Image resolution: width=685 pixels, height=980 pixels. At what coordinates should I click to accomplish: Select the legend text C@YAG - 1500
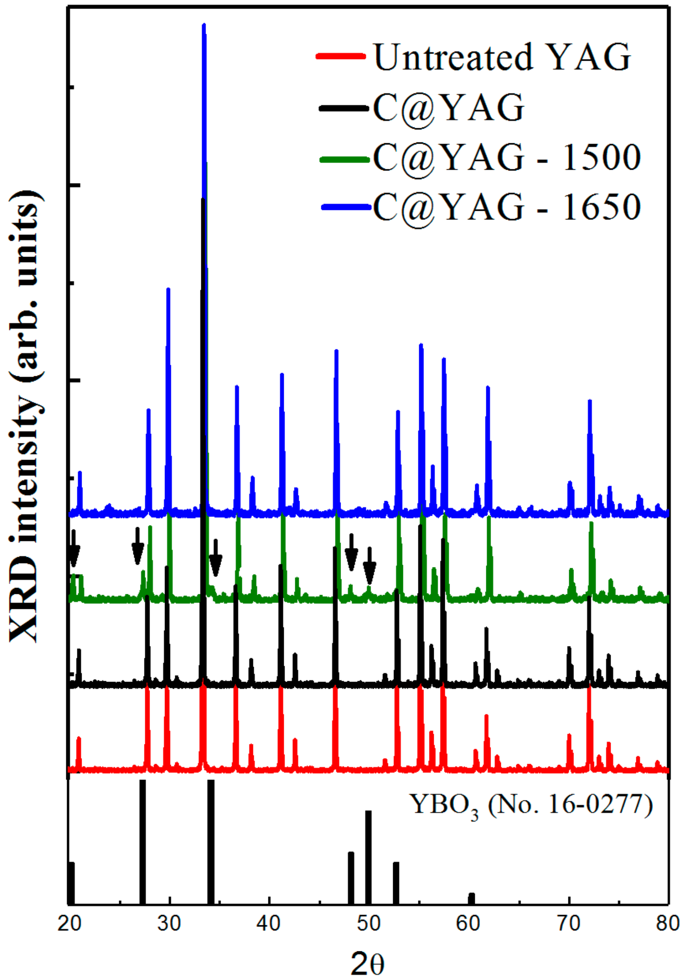click(507, 157)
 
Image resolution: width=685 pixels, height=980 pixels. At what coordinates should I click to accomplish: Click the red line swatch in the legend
click(341, 56)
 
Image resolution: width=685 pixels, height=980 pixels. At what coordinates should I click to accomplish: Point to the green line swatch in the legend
click(344, 159)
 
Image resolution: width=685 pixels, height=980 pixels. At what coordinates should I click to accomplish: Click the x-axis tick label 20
click(69, 924)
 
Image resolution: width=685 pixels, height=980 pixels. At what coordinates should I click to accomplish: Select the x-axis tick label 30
click(169, 924)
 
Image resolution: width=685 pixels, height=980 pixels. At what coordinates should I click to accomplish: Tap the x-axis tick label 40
click(269, 924)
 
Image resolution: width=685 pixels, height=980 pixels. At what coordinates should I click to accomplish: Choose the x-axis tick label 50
click(369, 924)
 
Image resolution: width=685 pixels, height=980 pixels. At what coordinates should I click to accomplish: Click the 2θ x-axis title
click(367, 963)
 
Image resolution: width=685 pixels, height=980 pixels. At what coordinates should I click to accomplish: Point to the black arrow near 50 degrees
click(370, 566)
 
